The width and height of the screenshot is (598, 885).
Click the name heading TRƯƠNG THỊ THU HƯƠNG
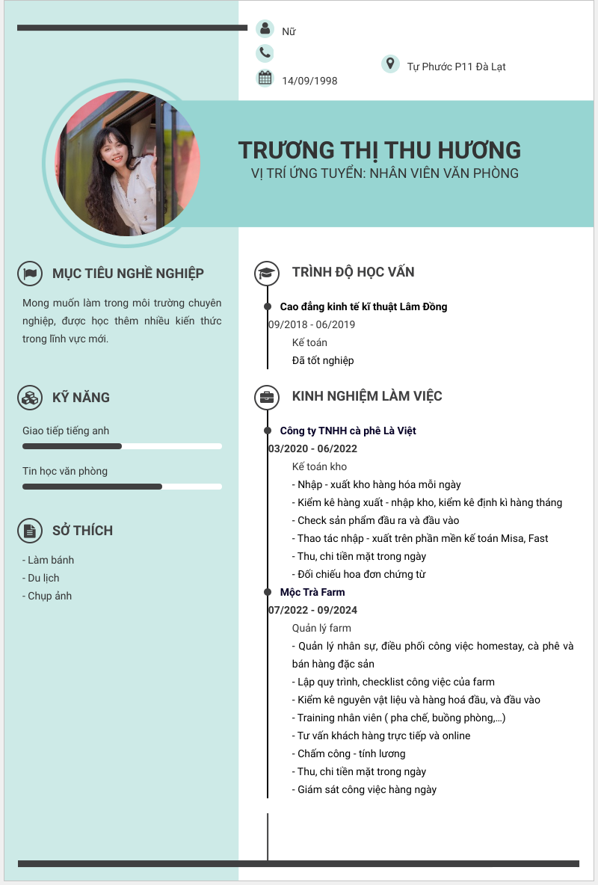(x=379, y=149)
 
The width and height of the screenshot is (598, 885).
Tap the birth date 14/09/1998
(x=309, y=81)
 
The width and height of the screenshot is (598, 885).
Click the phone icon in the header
(x=265, y=52)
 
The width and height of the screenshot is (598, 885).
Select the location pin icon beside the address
(x=389, y=64)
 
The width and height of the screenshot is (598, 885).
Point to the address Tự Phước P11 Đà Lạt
(x=456, y=67)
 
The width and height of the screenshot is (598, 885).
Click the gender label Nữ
(x=289, y=31)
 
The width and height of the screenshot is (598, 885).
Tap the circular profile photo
(x=127, y=163)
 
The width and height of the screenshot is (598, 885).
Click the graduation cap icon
(x=266, y=273)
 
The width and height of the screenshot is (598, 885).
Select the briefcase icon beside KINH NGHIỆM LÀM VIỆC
(x=266, y=397)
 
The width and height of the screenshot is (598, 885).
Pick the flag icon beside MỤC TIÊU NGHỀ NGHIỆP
(x=29, y=274)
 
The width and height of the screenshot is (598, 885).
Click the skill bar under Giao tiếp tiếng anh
(x=122, y=446)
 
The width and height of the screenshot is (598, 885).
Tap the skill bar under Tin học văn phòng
(x=122, y=487)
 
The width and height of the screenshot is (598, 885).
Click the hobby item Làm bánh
(x=49, y=560)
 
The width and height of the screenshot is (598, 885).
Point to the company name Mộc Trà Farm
(x=312, y=592)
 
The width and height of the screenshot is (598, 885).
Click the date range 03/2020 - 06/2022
(x=312, y=448)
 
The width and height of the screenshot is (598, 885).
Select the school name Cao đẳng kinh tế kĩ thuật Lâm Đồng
(x=363, y=306)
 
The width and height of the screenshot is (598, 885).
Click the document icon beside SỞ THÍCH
(x=29, y=531)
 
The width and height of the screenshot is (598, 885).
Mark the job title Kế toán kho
(x=319, y=466)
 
